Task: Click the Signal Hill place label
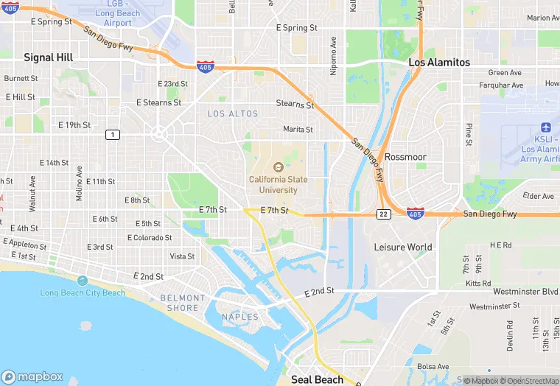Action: point(49,57)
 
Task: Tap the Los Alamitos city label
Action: point(439,63)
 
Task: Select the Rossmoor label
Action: point(406,157)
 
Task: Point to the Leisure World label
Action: point(402,247)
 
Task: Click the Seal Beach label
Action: point(317,379)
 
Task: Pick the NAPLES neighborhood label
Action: point(240,317)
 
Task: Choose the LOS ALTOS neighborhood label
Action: point(233,113)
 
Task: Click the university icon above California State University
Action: point(278,167)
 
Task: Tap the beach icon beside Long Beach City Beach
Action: point(81,281)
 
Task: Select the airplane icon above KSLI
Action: point(545,127)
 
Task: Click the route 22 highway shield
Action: point(384,214)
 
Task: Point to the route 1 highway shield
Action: point(112,134)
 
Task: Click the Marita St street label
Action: point(298,129)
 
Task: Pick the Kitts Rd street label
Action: point(478,283)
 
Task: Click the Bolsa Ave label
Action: point(433,366)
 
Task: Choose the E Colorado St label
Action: point(150,238)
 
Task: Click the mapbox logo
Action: point(33,376)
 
